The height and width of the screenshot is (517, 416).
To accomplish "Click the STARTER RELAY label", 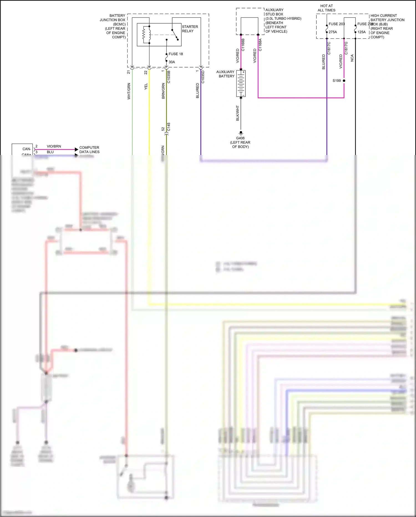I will point(190,29).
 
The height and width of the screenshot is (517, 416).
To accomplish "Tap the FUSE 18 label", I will point(176,54).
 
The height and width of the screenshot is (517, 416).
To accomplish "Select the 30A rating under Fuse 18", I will point(172,62).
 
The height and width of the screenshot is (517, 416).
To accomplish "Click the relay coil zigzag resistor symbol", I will point(144,35).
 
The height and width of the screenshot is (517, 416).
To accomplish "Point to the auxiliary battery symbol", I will point(241,83).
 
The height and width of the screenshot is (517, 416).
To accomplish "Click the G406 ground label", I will point(240,138).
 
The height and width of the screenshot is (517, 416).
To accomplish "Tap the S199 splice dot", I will point(344,81).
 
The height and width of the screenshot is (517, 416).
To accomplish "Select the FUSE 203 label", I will point(336,24).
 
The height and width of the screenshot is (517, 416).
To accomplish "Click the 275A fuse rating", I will point(333,32).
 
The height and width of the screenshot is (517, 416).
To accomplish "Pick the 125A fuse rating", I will point(361,32).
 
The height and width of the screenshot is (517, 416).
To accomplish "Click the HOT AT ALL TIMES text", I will point(326,8).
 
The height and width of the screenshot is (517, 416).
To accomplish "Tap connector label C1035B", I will point(169,77).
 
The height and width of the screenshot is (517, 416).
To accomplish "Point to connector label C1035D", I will point(203,77).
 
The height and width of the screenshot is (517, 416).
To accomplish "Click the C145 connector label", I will point(169,127).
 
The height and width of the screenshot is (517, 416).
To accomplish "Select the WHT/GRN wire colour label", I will point(129,91).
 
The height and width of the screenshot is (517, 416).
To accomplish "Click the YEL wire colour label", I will point(146,86).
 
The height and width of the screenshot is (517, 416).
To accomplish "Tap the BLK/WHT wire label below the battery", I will point(237,113).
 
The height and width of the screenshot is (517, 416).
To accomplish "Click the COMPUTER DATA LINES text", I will point(89,149).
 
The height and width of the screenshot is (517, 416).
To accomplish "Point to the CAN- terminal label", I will point(27,149).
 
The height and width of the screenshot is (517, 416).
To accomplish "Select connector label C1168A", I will point(260,45).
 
